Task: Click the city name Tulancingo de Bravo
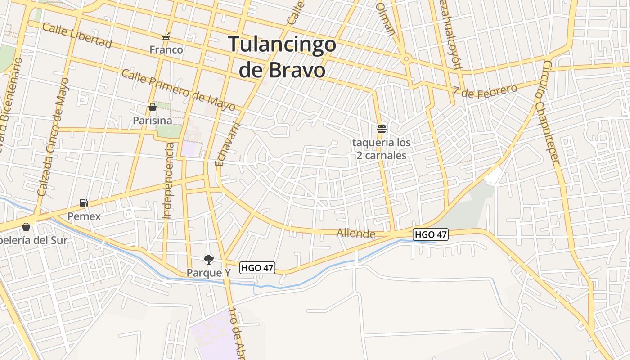click(282, 57)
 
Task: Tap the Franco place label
click(166, 49)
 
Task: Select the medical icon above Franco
click(166, 37)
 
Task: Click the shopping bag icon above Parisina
click(152, 107)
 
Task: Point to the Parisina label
click(152, 121)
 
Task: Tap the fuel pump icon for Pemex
click(84, 203)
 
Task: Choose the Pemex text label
click(84, 216)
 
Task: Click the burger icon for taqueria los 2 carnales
click(382, 129)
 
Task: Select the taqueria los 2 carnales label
click(382, 149)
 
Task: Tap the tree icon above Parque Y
click(208, 259)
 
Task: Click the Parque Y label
click(208, 273)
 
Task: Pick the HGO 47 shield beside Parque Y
click(257, 268)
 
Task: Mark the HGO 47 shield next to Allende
click(431, 234)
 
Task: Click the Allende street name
click(356, 233)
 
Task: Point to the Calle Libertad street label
click(76, 35)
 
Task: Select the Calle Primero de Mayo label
click(178, 90)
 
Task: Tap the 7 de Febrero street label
click(485, 90)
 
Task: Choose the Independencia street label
click(168, 181)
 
